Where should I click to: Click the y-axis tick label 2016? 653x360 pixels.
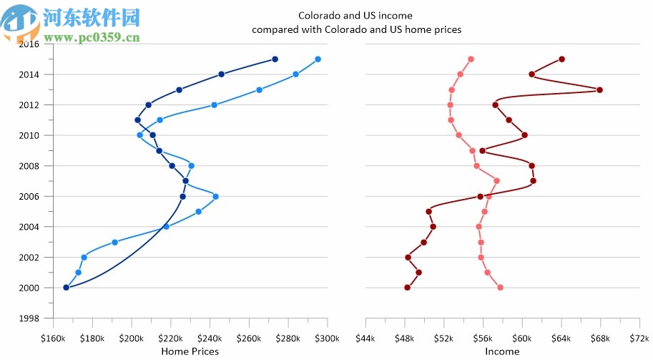click(29, 44)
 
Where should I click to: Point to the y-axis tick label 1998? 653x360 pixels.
click(29, 318)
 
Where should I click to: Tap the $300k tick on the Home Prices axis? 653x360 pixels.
click(326, 338)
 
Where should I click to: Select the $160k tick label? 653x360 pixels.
click(53, 338)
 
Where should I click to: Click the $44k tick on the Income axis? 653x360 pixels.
click(365, 338)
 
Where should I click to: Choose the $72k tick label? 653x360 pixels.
click(639, 338)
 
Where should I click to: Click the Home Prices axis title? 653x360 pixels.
click(190, 351)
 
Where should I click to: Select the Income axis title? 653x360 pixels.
click(502, 351)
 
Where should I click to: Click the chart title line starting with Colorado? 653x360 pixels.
click(355, 15)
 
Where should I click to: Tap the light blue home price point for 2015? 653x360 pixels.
click(318, 59)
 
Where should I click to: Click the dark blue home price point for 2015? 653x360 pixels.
click(275, 59)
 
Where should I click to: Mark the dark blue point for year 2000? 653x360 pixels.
click(66, 288)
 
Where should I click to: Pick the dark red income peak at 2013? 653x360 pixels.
click(599, 89)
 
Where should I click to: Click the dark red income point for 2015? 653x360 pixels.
click(561, 59)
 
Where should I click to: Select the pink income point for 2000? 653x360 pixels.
click(500, 288)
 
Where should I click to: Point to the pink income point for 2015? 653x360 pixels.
click(471, 59)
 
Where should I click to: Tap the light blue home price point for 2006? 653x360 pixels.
click(215, 196)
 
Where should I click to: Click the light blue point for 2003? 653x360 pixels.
click(114, 242)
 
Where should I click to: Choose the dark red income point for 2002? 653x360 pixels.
click(408, 257)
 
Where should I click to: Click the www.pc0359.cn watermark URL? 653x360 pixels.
click(92, 38)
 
